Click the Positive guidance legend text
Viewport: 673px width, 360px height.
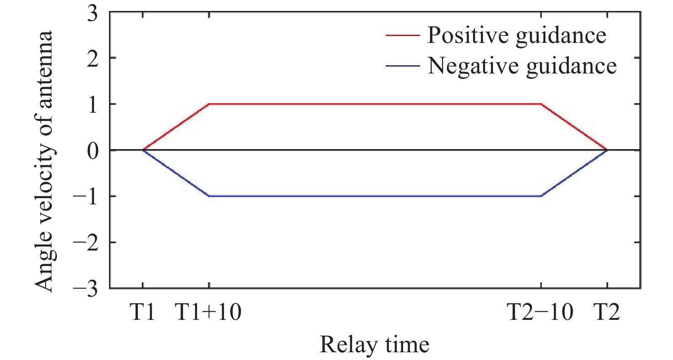point(517,35)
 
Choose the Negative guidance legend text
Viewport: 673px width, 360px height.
point(522,66)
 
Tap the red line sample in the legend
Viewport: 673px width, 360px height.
point(402,35)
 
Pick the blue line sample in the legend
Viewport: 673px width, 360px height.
point(402,66)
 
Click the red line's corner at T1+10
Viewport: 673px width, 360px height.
point(209,104)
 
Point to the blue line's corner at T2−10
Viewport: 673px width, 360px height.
point(541,196)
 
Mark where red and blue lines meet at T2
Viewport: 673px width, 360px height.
point(607,150)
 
